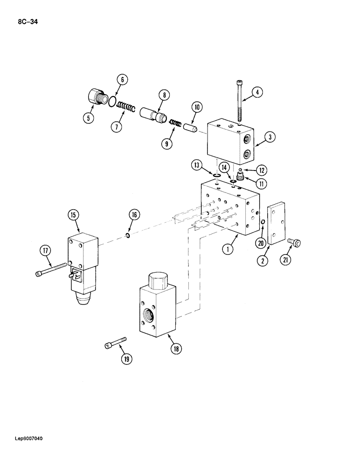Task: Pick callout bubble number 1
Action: pyautogui.click(x=228, y=250)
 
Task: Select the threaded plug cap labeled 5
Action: pyautogui.click(x=97, y=99)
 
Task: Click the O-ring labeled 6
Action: pyautogui.click(x=112, y=101)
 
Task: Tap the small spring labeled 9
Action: pyautogui.click(x=175, y=122)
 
